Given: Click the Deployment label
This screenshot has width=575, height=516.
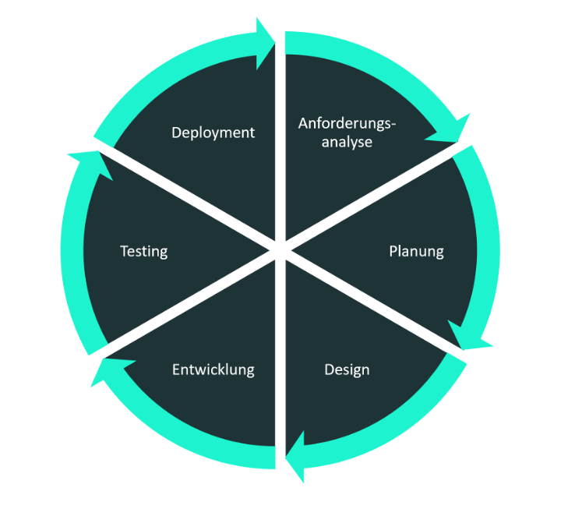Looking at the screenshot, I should pyautogui.click(x=213, y=133).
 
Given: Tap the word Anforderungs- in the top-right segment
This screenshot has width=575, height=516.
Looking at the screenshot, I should pyautogui.click(x=347, y=123).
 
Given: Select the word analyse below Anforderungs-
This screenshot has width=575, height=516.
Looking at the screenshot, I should pyautogui.click(x=347, y=143).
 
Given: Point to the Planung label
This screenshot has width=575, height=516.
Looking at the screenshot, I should pyautogui.click(x=416, y=251).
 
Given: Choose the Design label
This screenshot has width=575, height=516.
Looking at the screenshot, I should pyautogui.click(x=347, y=369).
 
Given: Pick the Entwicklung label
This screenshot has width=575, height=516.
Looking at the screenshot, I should pyautogui.click(x=213, y=369).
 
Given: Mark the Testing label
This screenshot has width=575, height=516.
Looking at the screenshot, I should pyautogui.click(x=143, y=251).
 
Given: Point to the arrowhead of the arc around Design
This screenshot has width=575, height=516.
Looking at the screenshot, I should pyautogui.click(x=295, y=461).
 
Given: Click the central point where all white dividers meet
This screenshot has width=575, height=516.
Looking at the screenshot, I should pyautogui.click(x=280, y=250).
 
